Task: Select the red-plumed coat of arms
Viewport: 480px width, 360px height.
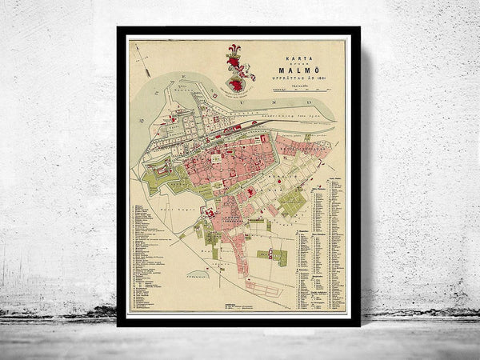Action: [235, 68]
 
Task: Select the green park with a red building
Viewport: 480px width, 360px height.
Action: [277, 256]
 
